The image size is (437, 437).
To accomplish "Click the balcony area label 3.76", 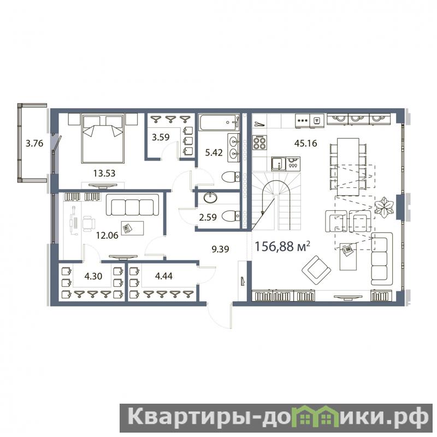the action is click(x=34, y=143).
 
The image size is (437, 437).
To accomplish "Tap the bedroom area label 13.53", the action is click(x=104, y=173).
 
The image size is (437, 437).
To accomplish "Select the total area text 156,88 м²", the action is click(x=282, y=246).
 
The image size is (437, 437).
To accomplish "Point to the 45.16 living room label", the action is click(x=306, y=143).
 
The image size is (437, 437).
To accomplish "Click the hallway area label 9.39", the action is click(x=220, y=249).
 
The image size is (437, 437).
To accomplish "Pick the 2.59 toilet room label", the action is click(x=208, y=217).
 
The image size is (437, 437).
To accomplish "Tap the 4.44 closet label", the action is click(x=163, y=276).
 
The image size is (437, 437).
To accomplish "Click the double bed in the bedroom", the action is click(x=102, y=139).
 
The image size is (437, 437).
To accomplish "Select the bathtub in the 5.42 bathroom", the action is click(x=219, y=122).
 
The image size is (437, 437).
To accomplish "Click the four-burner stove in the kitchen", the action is click(x=260, y=143).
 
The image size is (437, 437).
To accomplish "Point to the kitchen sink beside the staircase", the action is click(x=279, y=163).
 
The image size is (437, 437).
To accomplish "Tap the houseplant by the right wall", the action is click(x=384, y=207).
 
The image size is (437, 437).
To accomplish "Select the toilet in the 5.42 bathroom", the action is click(x=231, y=176).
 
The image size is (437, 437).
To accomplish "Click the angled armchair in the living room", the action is click(x=316, y=270).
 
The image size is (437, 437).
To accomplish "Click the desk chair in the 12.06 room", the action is click(x=88, y=223).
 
